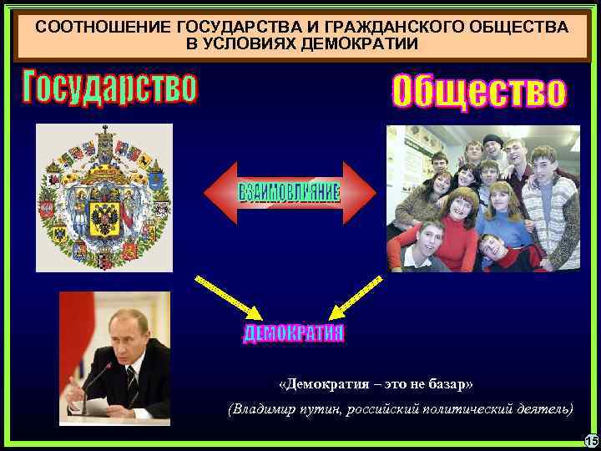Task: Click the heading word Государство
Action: (110, 88)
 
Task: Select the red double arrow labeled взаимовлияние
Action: (290, 192)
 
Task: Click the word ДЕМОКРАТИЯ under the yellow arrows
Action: (294, 334)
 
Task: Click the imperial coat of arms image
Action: (104, 197)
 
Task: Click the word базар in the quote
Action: (444, 384)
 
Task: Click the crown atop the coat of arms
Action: (105, 134)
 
